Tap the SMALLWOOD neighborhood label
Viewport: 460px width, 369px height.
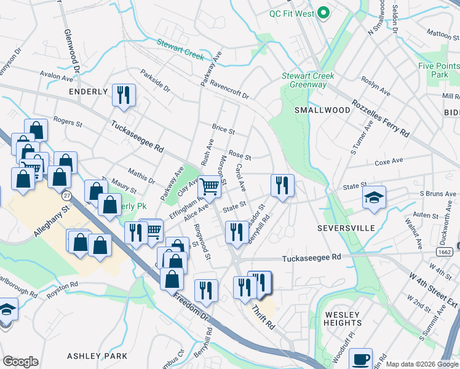tap(322, 110)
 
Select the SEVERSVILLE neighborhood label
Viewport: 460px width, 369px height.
tap(346, 228)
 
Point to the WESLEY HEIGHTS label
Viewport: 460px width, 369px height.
tap(343, 319)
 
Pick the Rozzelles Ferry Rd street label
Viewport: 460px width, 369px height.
tap(380, 119)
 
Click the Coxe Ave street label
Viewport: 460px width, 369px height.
tap(389, 162)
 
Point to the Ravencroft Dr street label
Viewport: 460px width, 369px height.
tap(228, 89)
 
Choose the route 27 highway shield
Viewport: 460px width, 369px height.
tap(66, 196)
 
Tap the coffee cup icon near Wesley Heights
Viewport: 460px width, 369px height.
tap(360, 358)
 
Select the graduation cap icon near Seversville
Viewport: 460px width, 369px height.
tap(374, 197)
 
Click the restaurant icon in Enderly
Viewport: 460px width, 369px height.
tap(124, 95)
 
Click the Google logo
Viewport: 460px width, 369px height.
tap(20, 362)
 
